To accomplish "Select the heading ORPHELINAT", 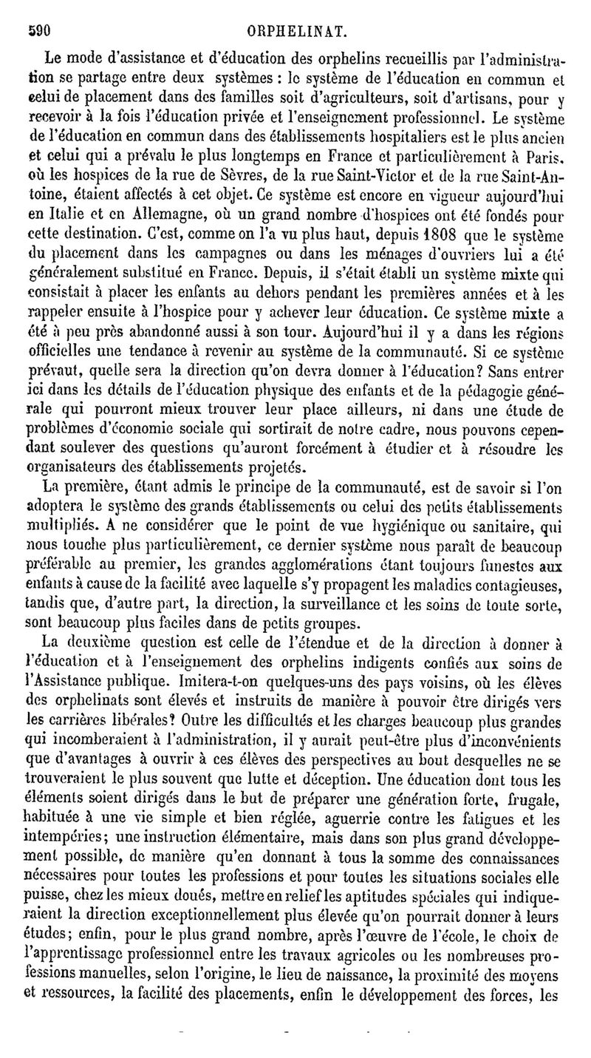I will tap(299, 12).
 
